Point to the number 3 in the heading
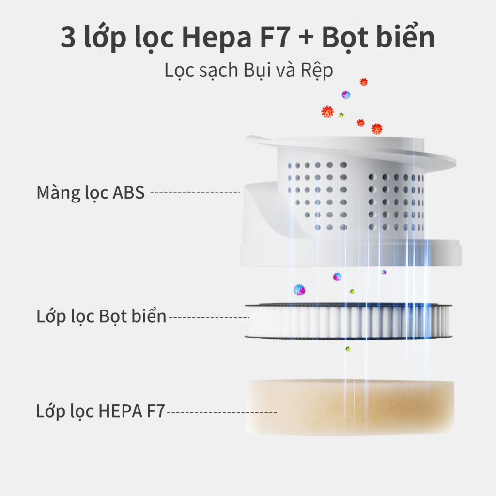[68, 38]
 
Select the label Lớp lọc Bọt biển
[101, 317]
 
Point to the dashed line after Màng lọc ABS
[195, 193]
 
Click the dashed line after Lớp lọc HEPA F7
[222, 413]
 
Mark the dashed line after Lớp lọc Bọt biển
[208, 318]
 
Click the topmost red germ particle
[364, 82]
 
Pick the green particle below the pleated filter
[347, 349]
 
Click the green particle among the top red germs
[341, 115]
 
